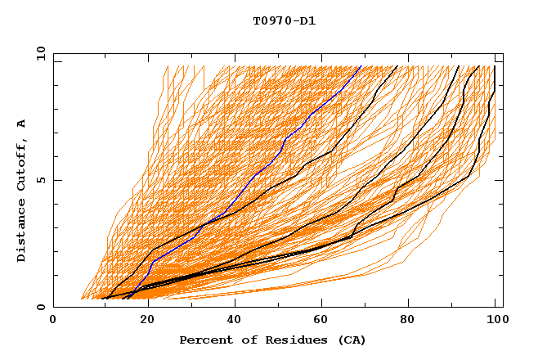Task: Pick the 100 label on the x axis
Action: pos(495,322)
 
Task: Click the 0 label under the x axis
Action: pos(54,322)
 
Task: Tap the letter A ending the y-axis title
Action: pos(21,123)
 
